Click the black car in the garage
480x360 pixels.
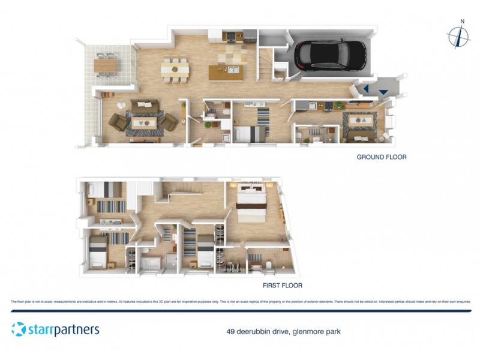pyautogui.click(x=329, y=54)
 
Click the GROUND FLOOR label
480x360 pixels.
pyautogui.click(x=382, y=157)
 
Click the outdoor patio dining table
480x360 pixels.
pyautogui.click(x=106, y=62)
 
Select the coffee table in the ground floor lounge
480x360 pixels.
pyautogui.click(x=144, y=121)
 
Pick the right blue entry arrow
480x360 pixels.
pyautogui.click(x=383, y=91)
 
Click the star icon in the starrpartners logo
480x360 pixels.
pyautogui.click(x=19, y=329)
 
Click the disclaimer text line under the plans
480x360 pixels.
pyautogui.click(x=240, y=301)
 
